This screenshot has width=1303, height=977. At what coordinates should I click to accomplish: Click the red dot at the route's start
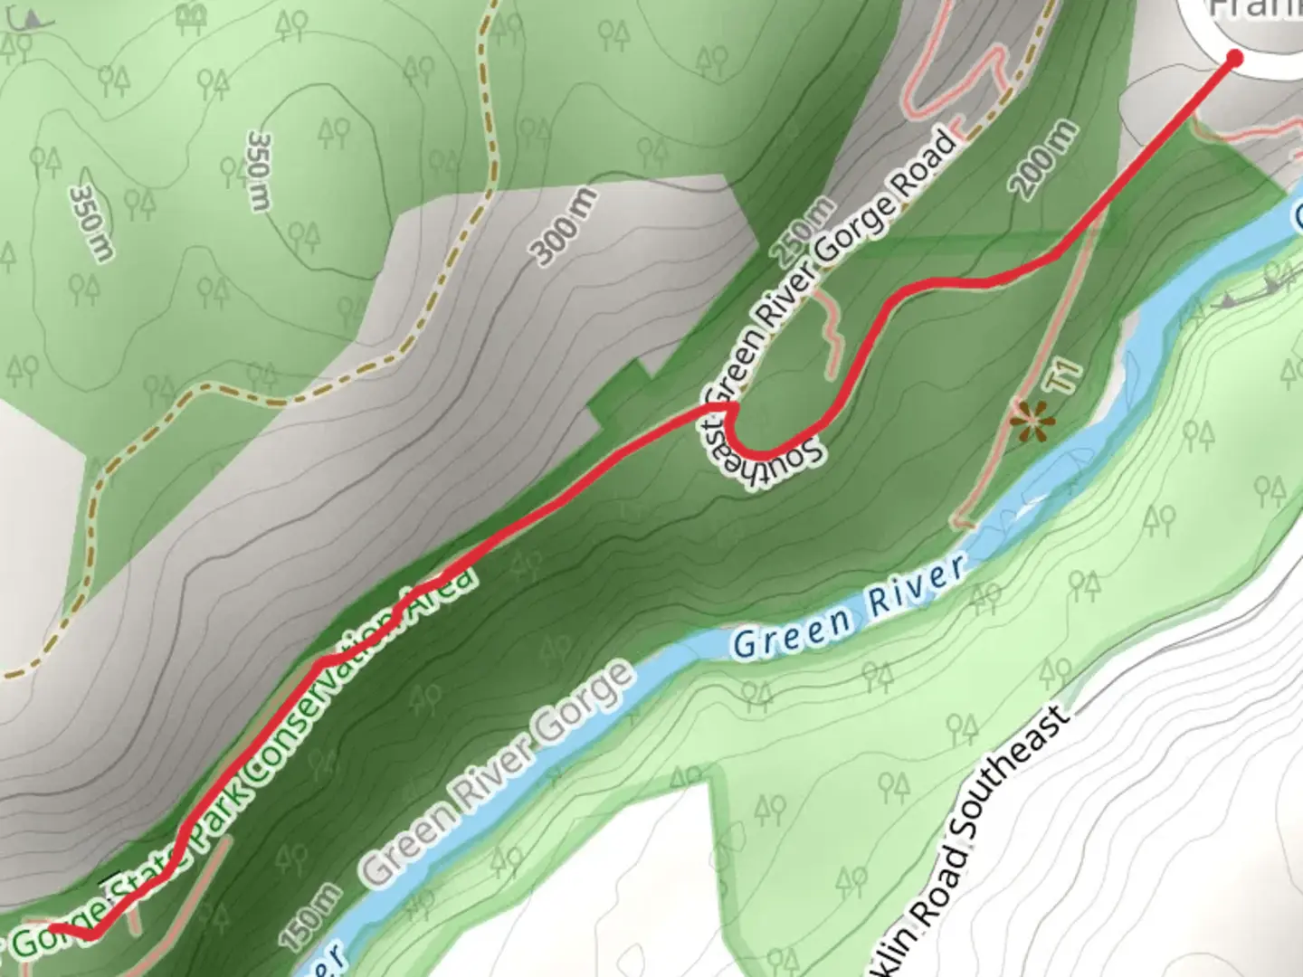[x=1234, y=58]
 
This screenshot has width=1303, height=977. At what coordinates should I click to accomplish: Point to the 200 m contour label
[x=1045, y=160]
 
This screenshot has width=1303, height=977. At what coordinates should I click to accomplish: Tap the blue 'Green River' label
[x=847, y=607]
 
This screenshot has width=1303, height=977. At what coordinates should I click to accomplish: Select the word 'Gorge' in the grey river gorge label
[x=585, y=714]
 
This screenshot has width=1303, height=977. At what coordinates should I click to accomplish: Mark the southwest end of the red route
[x=53, y=928]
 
